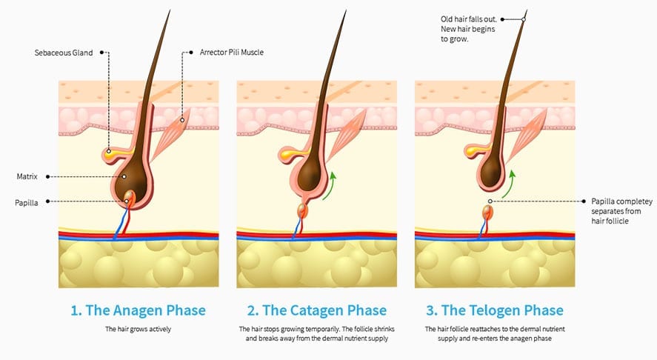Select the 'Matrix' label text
coord(27,176)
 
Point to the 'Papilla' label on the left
coord(27,201)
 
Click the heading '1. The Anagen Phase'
coord(139,310)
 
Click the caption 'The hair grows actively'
coord(139,329)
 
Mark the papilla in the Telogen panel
coord(487,213)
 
